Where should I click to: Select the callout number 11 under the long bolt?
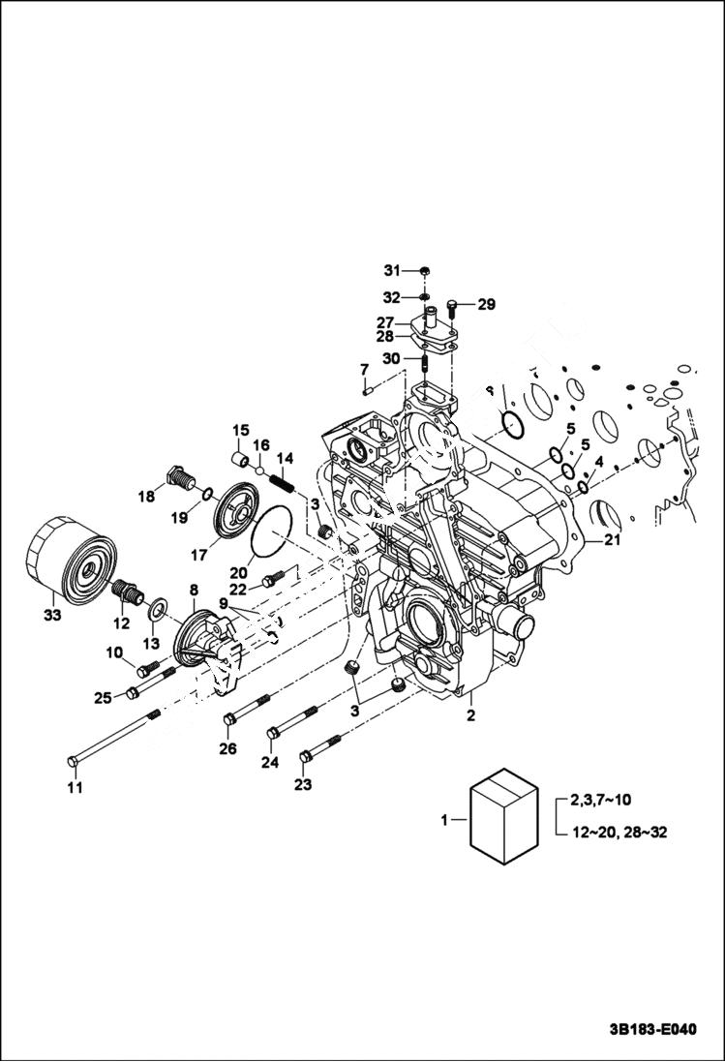[x=75, y=787]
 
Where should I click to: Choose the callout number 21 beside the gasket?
[x=612, y=540]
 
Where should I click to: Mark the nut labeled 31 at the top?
[x=426, y=270]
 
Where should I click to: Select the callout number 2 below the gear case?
[x=470, y=716]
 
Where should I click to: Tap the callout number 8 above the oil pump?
[x=194, y=589]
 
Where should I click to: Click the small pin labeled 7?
[x=369, y=391]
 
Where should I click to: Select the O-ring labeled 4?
[x=583, y=486]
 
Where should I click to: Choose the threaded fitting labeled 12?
[x=127, y=591]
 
